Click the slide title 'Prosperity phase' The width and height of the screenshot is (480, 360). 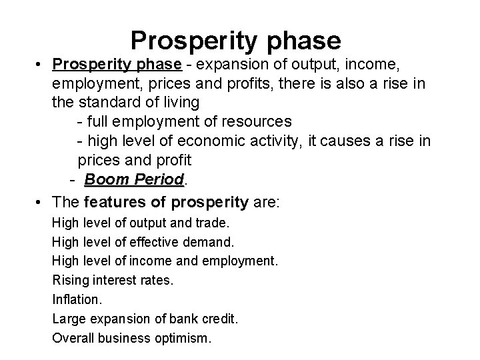tap(235, 40)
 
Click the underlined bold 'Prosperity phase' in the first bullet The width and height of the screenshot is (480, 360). tap(117, 64)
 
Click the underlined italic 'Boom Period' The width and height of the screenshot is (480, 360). tap(134, 180)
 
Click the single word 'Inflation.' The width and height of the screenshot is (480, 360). tap(76, 299)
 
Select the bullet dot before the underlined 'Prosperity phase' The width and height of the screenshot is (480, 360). tap(41, 65)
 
